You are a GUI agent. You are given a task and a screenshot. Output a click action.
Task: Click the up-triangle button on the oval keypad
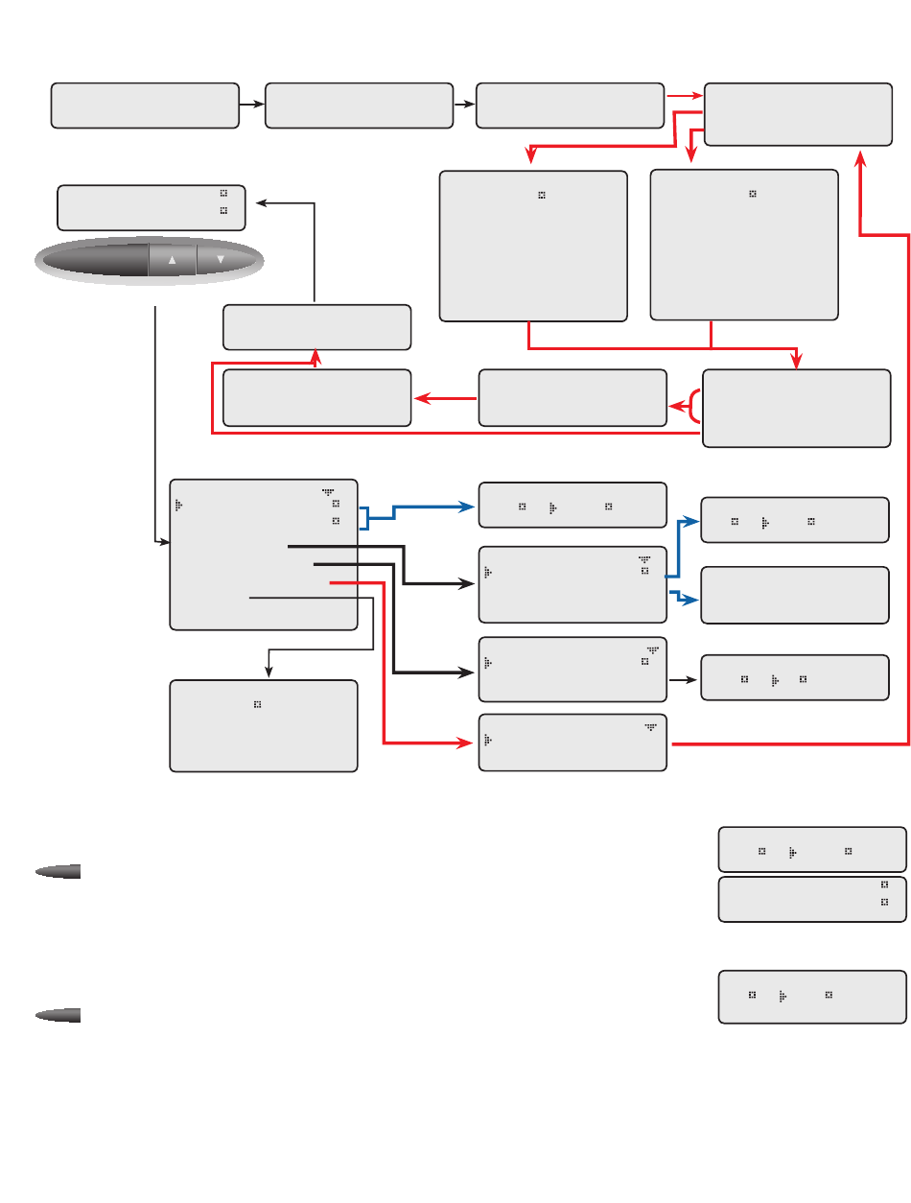(173, 260)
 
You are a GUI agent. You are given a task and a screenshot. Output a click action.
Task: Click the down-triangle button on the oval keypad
(221, 260)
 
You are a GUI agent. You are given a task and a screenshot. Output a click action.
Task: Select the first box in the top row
(145, 106)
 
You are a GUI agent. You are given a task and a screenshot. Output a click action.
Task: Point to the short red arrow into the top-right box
(684, 96)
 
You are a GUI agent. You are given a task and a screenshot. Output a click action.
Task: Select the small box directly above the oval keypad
(152, 208)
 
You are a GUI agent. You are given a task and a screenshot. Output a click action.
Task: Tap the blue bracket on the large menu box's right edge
(365, 518)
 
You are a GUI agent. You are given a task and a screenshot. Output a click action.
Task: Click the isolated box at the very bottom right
(811, 997)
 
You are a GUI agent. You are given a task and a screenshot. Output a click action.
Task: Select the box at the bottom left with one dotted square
(263, 726)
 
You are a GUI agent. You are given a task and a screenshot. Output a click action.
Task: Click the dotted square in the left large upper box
(542, 195)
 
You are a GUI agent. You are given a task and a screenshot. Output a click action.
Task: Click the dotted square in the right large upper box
(753, 194)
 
